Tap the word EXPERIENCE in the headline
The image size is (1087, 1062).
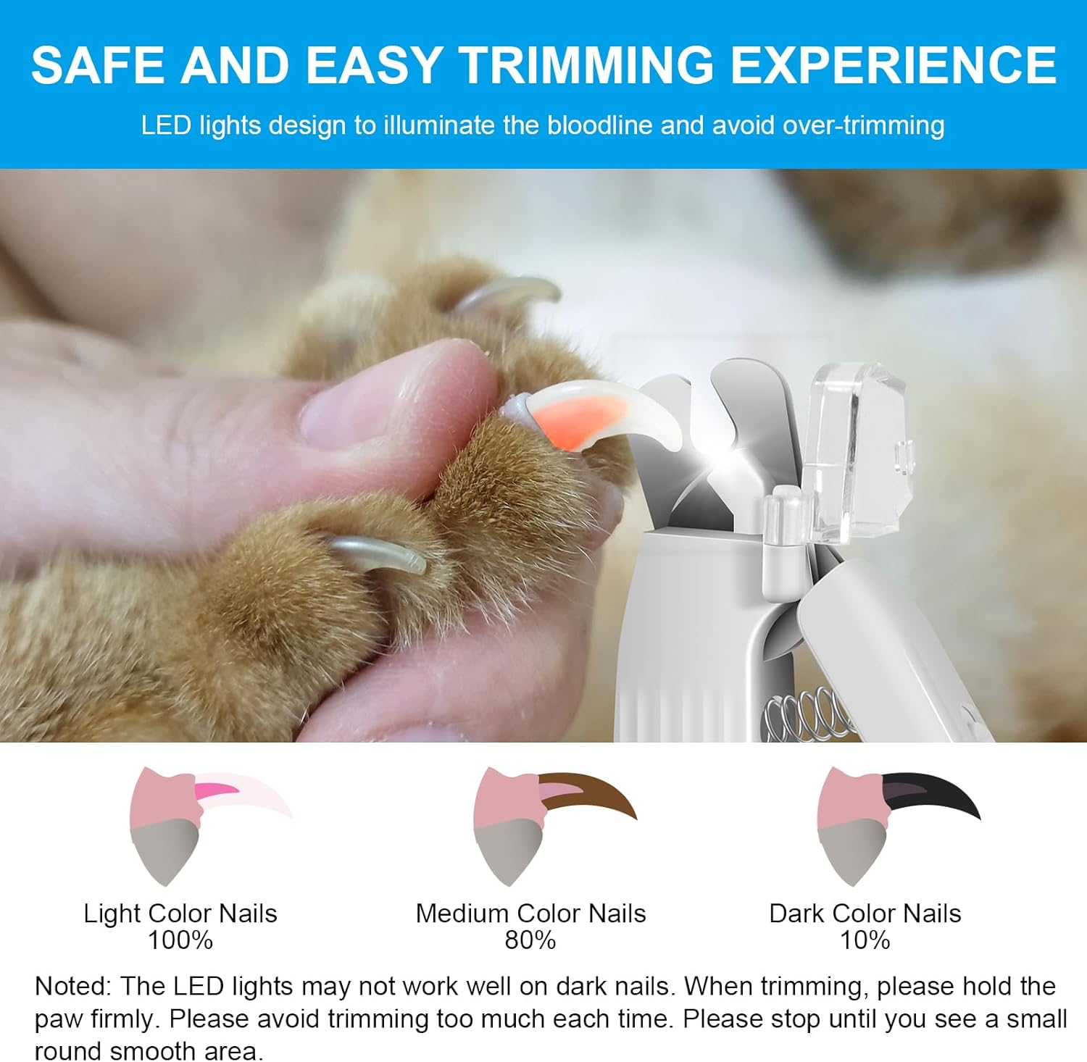pos(893,65)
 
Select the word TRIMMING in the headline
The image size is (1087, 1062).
pos(587,65)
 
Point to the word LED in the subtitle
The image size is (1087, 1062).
pos(166,125)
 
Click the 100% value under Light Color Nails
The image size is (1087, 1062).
pos(180,940)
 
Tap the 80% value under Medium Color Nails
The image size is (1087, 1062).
pos(530,940)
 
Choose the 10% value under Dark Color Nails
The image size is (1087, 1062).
pos(865,940)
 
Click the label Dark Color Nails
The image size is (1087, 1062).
pos(865,913)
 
